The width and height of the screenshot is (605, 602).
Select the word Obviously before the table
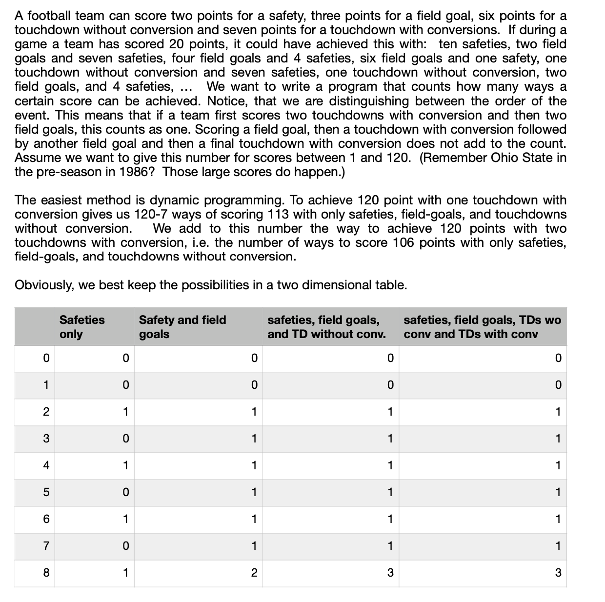44,285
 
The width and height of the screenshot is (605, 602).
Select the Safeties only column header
81,327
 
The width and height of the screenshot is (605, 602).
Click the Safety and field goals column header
182,327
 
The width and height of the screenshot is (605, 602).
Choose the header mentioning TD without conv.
326,327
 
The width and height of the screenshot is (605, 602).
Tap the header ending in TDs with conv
482,327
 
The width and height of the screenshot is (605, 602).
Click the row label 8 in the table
46,573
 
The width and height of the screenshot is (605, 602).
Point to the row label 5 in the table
46,492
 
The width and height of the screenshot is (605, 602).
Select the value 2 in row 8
254,573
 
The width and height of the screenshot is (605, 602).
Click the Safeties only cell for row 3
125,439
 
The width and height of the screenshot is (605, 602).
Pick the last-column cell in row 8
558,573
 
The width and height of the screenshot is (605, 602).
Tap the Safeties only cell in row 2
125,412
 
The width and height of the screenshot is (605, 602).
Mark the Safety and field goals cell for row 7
254,546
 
